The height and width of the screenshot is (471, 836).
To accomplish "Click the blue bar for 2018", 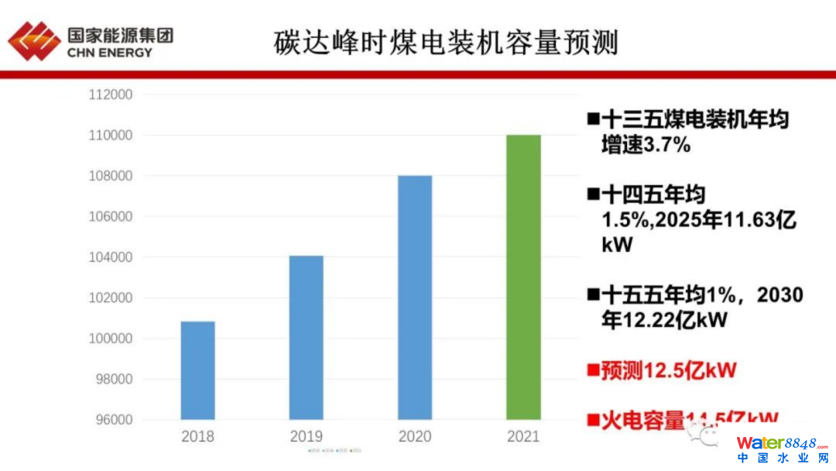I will click(x=197, y=370).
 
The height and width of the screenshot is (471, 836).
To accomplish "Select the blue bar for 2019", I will click(x=306, y=338).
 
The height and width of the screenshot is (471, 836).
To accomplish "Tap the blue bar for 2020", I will click(x=415, y=297).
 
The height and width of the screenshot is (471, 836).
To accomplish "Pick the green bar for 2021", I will click(x=523, y=277).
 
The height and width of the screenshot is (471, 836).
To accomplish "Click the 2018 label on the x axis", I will click(x=197, y=437).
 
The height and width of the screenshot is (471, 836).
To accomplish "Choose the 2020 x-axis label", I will click(x=415, y=437).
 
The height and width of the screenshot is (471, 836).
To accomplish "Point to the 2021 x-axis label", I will click(x=523, y=437).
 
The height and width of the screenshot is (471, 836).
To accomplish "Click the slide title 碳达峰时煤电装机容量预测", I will click(x=447, y=43).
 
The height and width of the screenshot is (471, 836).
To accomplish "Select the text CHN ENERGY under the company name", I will click(x=110, y=53).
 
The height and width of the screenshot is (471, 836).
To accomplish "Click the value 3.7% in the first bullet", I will click(x=667, y=145).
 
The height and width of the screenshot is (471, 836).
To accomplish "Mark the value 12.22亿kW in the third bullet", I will click(x=665, y=319).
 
